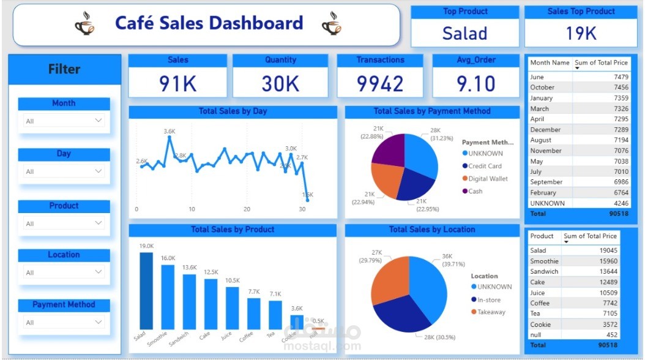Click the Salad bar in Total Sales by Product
pyautogui.click(x=146, y=291)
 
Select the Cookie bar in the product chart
pyautogui.click(x=296, y=322)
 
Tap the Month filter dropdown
pyautogui.click(x=64, y=121)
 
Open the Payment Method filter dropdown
pyautogui.click(x=64, y=322)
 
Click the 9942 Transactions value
pyautogui.click(x=380, y=83)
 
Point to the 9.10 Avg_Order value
pyautogui.click(x=476, y=83)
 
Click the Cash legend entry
pyautogui.click(x=475, y=191)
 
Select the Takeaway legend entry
pyautogui.click(x=487, y=312)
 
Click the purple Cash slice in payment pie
pyautogui.click(x=389, y=149)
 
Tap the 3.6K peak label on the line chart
pyautogui.click(x=170, y=131)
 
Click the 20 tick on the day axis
pyautogui.click(x=247, y=209)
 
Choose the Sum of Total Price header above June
pyautogui.click(x=601, y=62)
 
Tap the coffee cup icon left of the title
pyautogui.click(x=85, y=24)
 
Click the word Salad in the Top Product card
pyautogui.click(x=464, y=33)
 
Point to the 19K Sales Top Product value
pyautogui.click(x=581, y=33)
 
